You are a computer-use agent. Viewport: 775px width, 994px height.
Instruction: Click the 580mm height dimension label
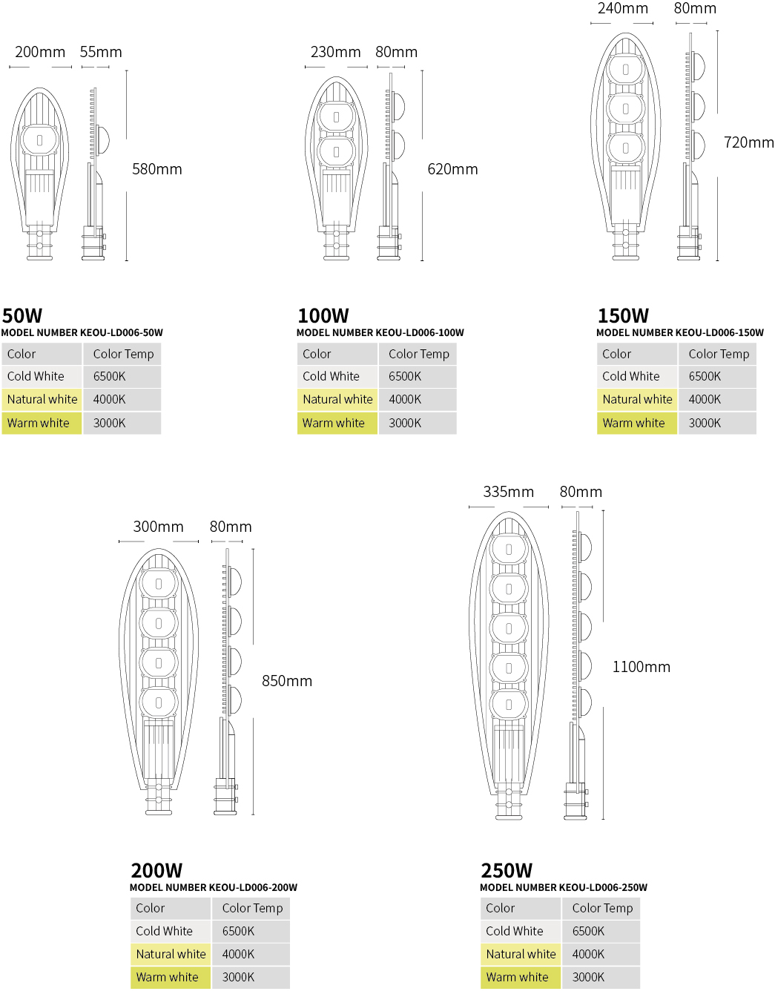click(x=156, y=169)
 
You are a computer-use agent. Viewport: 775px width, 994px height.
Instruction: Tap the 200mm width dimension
click(x=40, y=52)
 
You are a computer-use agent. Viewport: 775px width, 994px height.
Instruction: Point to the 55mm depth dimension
click(x=101, y=52)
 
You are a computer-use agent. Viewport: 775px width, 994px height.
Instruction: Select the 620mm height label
click(x=452, y=169)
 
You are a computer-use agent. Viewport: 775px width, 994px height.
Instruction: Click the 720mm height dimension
click(x=749, y=142)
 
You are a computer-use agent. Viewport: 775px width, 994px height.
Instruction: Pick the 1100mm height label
click(x=642, y=666)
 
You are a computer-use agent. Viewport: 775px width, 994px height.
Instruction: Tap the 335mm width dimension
click(x=509, y=492)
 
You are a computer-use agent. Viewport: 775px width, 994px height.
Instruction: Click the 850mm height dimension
click(x=287, y=681)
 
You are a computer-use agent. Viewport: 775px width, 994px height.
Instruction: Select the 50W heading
click(x=22, y=315)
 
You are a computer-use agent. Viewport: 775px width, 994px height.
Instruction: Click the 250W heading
click(x=507, y=871)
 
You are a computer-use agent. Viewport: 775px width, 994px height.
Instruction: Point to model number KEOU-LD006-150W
click(x=680, y=332)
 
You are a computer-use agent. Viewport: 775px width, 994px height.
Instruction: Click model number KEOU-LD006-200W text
click(x=214, y=887)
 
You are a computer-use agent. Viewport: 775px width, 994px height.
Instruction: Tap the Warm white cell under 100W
click(x=337, y=423)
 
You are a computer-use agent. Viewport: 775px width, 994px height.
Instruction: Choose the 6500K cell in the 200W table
click(x=251, y=931)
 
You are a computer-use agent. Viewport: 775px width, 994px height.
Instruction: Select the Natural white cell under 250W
click(x=521, y=954)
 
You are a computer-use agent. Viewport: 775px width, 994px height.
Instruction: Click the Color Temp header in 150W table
click(x=718, y=354)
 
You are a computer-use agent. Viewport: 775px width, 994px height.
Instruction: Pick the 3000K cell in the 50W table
click(x=122, y=423)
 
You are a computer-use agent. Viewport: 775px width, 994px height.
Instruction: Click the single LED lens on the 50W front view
click(x=40, y=139)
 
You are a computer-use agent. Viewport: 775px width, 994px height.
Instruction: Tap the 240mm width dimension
click(x=623, y=8)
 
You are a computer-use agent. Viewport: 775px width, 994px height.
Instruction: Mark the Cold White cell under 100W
click(x=337, y=377)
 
